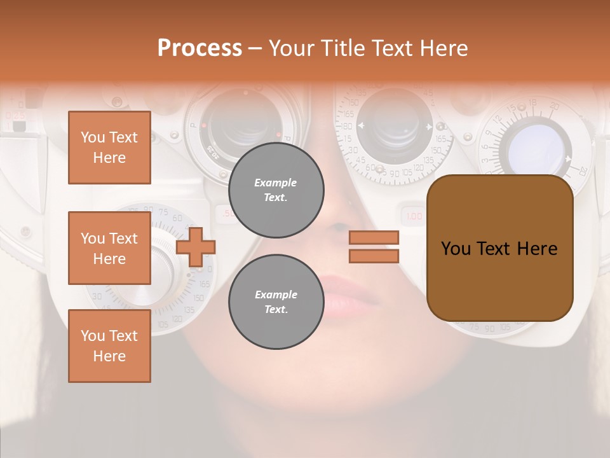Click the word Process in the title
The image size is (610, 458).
click(x=200, y=48)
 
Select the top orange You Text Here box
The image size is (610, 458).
click(x=109, y=148)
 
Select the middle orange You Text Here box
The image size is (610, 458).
click(x=109, y=248)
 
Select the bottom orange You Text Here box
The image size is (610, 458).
click(x=109, y=346)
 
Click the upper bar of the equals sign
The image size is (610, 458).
click(x=374, y=238)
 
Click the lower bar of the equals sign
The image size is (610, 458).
click(x=374, y=256)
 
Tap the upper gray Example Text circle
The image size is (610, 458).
click(x=276, y=190)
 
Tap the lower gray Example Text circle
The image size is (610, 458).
click(x=276, y=302)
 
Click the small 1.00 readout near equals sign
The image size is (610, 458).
click(x=414, y=216)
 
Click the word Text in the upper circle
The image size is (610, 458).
click(x=275, y=197)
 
